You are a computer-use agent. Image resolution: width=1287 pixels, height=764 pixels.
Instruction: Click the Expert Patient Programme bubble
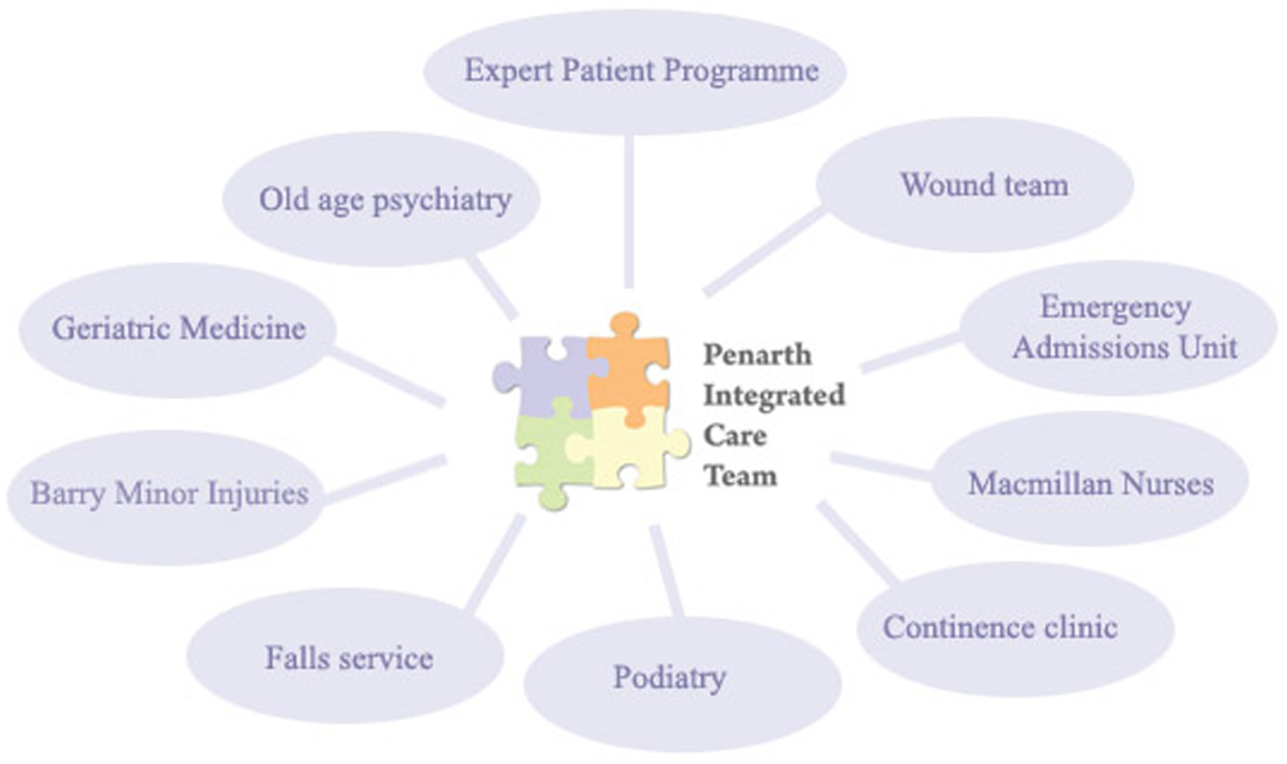(635, 72)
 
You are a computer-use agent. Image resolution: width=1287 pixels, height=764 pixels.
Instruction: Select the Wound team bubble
(975, 185)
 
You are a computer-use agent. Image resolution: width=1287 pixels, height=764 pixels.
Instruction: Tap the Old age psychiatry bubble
(382, 199)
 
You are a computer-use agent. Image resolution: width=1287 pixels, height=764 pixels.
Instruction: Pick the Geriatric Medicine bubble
(178, 330)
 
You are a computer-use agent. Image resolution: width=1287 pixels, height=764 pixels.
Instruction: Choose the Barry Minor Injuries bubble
(166, 497)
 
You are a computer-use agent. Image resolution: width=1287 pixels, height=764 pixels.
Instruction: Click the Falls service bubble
(346, 655)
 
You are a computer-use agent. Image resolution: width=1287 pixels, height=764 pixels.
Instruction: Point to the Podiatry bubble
(683, 684)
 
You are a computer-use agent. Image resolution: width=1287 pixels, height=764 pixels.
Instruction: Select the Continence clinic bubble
(1016, 629)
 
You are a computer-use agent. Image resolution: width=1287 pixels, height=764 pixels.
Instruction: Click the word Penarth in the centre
(758, 355)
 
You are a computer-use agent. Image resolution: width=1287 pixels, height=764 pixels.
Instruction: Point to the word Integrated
(775, 396)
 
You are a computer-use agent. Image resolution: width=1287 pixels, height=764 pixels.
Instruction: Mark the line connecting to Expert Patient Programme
(629, 211)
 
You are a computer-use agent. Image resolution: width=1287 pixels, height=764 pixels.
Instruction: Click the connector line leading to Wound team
(764, 253)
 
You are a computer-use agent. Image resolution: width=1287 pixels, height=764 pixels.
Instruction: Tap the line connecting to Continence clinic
(857, 543)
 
